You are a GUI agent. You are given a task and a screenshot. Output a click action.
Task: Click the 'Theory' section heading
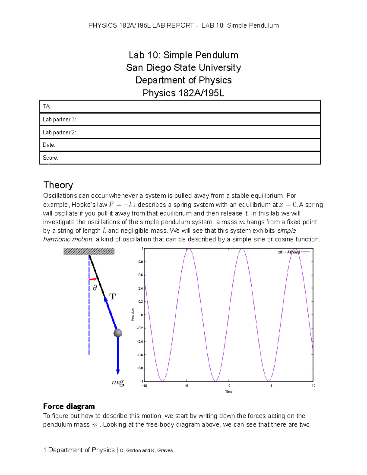[x=58, y=185]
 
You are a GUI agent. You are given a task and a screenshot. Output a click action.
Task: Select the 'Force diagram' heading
[x=69, y=406]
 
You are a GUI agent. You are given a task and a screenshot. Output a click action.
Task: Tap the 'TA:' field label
[x=46, y=106]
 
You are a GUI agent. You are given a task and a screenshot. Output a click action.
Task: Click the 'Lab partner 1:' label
[x=59, y=120]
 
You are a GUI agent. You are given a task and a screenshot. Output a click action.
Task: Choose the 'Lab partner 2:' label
[x=59, y=132]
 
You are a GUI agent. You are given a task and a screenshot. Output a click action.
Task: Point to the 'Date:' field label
[x=49, y=145]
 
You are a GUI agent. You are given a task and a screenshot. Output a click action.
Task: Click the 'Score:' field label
[x=50, y=158]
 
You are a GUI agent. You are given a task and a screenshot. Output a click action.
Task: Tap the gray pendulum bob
[x=118, y=333]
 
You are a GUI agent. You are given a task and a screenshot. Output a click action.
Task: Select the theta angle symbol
[x=95, y=288]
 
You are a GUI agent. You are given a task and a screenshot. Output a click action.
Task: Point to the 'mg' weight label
[x=118, y=382]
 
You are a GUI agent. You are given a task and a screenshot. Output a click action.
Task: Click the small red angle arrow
[x=93, y=279]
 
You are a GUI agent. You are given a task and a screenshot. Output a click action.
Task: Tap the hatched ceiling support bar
[x=89, y=251]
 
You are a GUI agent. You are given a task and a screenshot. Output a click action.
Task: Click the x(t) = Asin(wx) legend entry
[x=289, y=252]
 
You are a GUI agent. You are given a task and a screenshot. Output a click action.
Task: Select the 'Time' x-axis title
[x=229, y=392]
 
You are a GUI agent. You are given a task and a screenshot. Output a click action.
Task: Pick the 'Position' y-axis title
[x=133, y=314]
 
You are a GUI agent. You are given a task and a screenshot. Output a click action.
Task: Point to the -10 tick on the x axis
[x=144, y=386]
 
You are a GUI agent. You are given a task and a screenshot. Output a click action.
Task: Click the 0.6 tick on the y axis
[x=140, y=275]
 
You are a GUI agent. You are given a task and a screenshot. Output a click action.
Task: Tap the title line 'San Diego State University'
[x=183, y=68]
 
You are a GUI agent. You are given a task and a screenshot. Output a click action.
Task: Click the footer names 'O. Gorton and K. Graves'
[x=146, y=451]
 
